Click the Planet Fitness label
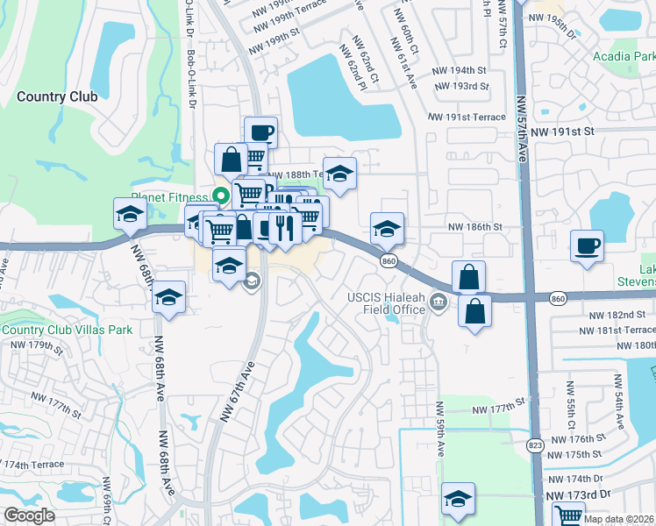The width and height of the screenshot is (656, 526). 168,197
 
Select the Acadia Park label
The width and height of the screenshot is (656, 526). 625,57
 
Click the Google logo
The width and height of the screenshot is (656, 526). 29,515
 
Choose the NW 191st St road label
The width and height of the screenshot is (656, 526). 563,131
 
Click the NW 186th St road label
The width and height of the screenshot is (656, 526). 474,226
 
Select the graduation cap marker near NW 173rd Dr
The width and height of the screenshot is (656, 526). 458,498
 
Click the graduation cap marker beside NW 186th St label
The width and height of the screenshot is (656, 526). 387,228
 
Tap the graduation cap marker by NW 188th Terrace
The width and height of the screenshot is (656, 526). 339,173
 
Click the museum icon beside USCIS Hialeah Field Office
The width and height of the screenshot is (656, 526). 439,303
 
